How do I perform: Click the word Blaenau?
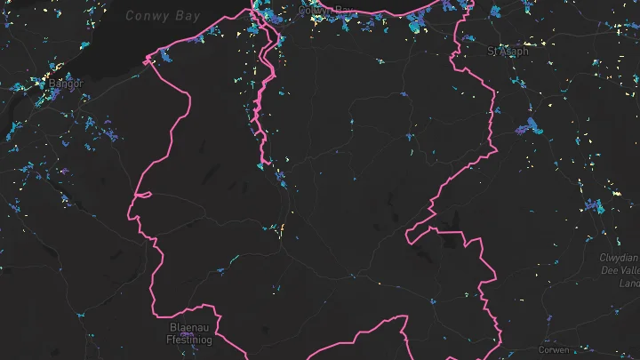(188, 327)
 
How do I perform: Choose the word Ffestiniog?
(188, 338)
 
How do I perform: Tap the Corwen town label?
(555, 350)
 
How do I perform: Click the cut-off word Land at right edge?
(630, 283)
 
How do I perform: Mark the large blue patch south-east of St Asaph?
(534, 125)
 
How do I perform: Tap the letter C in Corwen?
(542, 350)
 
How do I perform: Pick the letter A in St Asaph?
(501, 52)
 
